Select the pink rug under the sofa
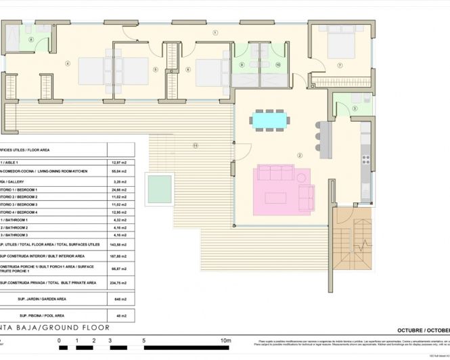point(284,189)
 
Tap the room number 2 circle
point(298,155)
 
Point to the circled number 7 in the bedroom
point(340,65)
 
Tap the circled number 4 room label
point(68,64)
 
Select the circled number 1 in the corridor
point(216,32)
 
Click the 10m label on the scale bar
point(226,340)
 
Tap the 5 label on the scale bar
point(143,340)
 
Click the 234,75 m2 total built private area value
point(118,283)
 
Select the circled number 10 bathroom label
point(278,65)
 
